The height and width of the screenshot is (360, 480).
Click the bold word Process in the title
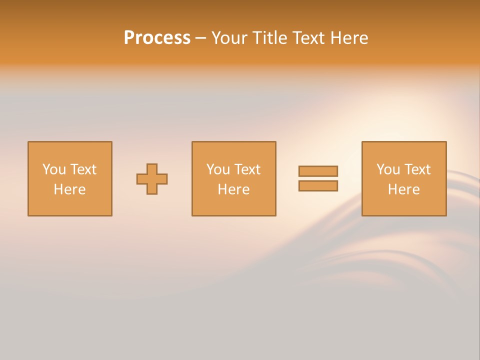point(157,38)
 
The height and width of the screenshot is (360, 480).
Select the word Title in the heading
point(269,38)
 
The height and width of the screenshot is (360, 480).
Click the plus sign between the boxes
point(152,179)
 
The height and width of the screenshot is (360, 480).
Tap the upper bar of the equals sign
point(318,171)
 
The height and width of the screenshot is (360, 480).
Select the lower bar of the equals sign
point(318,186)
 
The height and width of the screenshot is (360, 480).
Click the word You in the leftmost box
point(54,169)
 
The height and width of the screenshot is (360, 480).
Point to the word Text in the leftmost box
point(83,169)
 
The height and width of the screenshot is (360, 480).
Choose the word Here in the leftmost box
point(69,189)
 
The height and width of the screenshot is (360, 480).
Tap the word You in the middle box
point(218,169)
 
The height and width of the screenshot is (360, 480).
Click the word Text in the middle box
point(247,169)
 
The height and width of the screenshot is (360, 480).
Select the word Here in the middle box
point(233,189)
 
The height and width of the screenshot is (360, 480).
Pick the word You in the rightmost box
point(388,169)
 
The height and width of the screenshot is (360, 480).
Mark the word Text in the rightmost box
point(417,169)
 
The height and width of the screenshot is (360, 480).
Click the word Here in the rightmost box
point(403,189)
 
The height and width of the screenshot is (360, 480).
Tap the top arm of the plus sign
point(152,168)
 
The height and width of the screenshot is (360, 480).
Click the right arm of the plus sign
point(162,179)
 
